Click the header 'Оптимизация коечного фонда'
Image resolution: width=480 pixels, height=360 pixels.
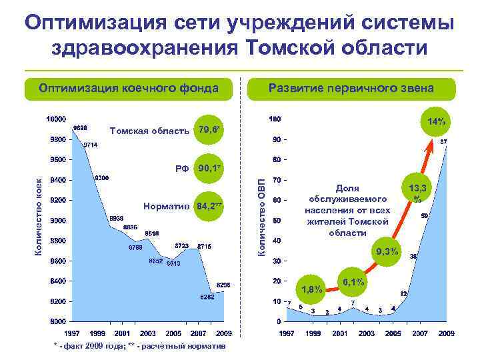[x=129, y=89]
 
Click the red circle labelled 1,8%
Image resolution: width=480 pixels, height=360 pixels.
[x=313, y=289]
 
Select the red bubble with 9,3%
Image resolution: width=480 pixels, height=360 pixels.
[x=387, y=251]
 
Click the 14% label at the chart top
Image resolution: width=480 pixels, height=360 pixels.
[x=437, y=121]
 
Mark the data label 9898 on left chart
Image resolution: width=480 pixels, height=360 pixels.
[x=81, y=127]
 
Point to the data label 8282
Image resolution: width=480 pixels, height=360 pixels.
[x=207, y=297]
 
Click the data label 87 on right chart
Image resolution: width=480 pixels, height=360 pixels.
[x=443, y=142]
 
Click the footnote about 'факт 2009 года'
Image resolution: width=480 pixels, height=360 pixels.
[x=139, y=346]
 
